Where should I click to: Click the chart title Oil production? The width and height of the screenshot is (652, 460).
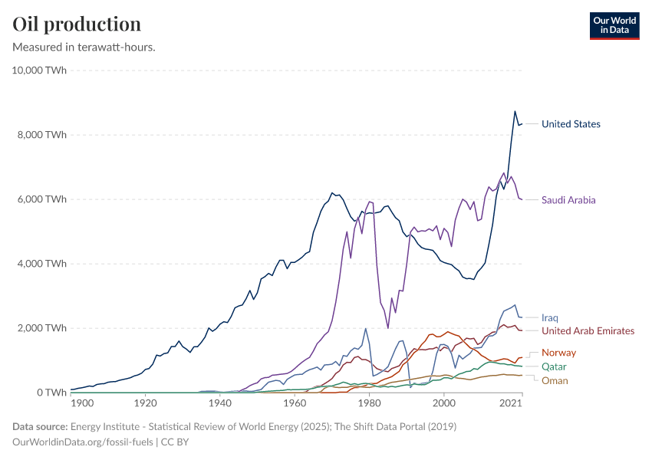(77, 24)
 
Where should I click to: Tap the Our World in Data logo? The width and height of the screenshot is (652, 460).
(614, 25)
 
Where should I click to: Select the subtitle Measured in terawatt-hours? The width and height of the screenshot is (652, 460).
(84, 48)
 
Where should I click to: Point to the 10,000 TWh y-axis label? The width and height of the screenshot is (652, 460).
(40, 71)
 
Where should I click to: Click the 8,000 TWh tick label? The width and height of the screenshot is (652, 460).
(42, 135)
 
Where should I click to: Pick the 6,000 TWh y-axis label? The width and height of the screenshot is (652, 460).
(42, 199)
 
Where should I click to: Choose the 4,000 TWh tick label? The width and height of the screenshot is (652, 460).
(42, 264)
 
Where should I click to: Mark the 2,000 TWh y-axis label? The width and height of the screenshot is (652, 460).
(42, 328)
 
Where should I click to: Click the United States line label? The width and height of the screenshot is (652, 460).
(571, 124)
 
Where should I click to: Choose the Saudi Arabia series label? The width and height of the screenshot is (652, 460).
(568, 200)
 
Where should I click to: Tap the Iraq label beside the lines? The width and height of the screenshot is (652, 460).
(550, 317)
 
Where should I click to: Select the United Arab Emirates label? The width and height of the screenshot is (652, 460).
(588, 331)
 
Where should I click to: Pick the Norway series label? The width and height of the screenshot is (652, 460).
(558, 353)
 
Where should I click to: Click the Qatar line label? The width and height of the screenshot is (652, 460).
(555, 366)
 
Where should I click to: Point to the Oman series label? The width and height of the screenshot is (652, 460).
(555, 380)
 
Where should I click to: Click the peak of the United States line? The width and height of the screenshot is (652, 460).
(515, 111)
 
